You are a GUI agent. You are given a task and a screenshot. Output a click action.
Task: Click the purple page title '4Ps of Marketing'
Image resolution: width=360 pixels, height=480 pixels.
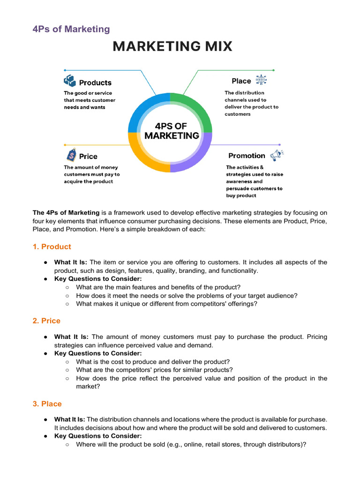(x=71, y=29)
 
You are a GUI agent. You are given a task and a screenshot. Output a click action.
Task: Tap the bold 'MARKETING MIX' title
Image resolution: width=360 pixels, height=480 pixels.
(x=172, y=47)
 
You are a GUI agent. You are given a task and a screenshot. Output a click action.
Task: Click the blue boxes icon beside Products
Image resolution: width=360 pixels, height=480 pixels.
(x=69, y=81)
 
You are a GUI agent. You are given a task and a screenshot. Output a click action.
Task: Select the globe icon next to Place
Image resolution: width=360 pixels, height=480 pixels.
(x=260, y=80)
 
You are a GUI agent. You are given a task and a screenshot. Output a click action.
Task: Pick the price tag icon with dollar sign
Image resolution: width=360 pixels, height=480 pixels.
(x=71, y=155)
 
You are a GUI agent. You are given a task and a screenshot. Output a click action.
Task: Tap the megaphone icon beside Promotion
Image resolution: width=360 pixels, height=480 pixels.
(x=276, y=155)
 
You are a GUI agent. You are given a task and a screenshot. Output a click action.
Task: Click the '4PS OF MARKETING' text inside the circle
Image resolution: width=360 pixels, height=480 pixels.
(x=171, y=131)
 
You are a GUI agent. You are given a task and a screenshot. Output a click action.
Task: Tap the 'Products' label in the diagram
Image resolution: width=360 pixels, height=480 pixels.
(x=95, y=82)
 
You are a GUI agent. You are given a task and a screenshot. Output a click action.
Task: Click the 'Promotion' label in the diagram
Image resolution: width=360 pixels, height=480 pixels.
(x=247, y=156)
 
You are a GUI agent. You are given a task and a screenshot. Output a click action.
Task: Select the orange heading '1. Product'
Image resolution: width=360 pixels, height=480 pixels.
(x=52, y=247)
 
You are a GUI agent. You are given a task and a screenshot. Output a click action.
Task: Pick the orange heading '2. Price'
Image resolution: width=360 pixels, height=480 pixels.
(x=46, y=321)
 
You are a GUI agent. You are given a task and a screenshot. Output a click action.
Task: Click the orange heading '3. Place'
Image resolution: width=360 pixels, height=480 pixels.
(x=47, y=404)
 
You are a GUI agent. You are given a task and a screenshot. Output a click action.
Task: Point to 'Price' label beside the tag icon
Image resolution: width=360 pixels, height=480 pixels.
(x=88, y=156)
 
